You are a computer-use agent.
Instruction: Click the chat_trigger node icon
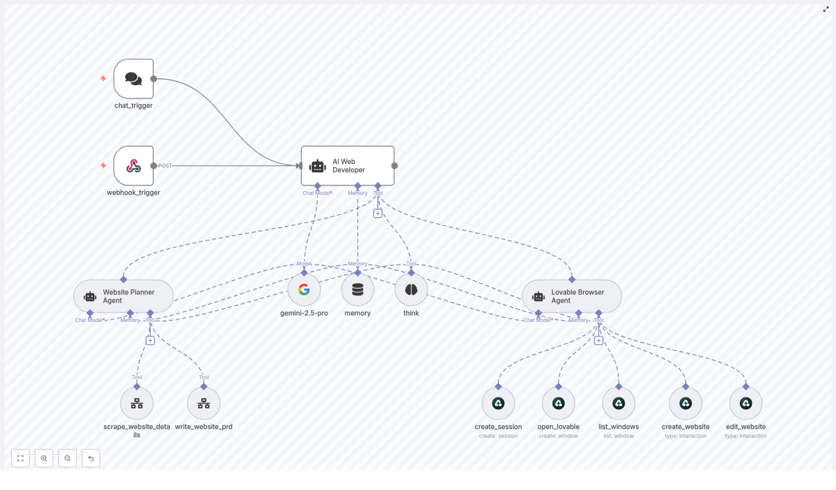(x=133, y=79)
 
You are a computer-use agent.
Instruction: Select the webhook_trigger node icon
(x=133, y=166)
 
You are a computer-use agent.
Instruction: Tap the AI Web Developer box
(x=347, y=166)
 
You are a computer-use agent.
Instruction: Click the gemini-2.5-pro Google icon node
(x=304, y=289)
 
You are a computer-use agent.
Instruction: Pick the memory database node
(x=357, y=289)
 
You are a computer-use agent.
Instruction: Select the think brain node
(x=411, y=289)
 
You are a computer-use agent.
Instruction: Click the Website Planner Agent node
(x=123, y=296)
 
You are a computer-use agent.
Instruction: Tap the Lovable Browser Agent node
(x=572, y=296)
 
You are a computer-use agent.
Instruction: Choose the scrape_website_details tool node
(x=137, y=403)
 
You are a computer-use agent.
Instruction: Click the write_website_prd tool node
(x=204, y=403)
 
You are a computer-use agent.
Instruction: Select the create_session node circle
(x=498, y=403)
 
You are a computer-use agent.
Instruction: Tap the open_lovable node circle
(x=559, y=403)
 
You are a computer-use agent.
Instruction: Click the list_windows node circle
(x=619, y=403)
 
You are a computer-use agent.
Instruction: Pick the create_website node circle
(x=686, y=403)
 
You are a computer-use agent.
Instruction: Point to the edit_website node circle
(x=746, y=403)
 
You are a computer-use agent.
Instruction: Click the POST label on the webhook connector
(x=165, y=166)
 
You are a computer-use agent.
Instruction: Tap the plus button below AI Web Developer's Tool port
(x=378, y=213)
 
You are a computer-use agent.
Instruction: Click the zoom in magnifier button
(x=44, y=458)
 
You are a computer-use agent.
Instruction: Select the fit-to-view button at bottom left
(x=20, y=458)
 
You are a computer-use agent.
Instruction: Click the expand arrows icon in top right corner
(x=826, y=9)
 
